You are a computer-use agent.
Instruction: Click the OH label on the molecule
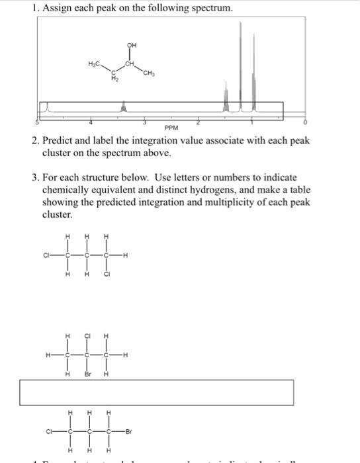click(131, 46)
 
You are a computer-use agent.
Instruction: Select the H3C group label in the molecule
click(94, 64)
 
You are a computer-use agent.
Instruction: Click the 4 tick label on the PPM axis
click(91, 122)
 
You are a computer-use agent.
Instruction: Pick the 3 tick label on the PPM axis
click(145, 122)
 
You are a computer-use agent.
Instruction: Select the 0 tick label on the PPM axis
click(305, 122)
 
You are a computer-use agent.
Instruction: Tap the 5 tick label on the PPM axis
click(38, 122)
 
